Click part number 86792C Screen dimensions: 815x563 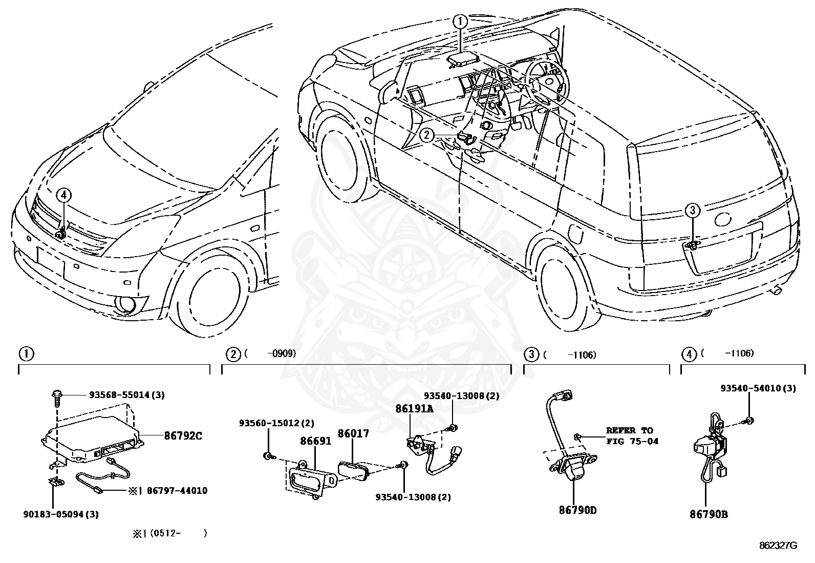coord(183,435)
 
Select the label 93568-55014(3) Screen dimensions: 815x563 coord(127,395)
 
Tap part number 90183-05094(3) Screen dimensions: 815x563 coord(61,514)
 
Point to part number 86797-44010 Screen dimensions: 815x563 coord(177,491)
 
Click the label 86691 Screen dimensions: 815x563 coord(315,441)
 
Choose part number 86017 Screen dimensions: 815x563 coord(353,433)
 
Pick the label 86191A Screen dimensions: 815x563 coord(415,409)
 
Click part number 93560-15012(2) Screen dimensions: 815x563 coord(276,423)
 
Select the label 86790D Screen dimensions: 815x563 coord(578,510)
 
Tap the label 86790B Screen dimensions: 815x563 coord(709,514)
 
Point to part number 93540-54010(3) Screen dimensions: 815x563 coord(758,388)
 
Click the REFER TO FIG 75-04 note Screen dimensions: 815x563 coord(632,436)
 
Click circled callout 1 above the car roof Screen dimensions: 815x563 coord(460,22)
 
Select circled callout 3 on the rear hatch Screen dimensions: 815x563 coord(692,210)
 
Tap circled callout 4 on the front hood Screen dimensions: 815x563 coord(63,195)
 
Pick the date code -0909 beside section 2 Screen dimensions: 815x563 coord(282,353)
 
